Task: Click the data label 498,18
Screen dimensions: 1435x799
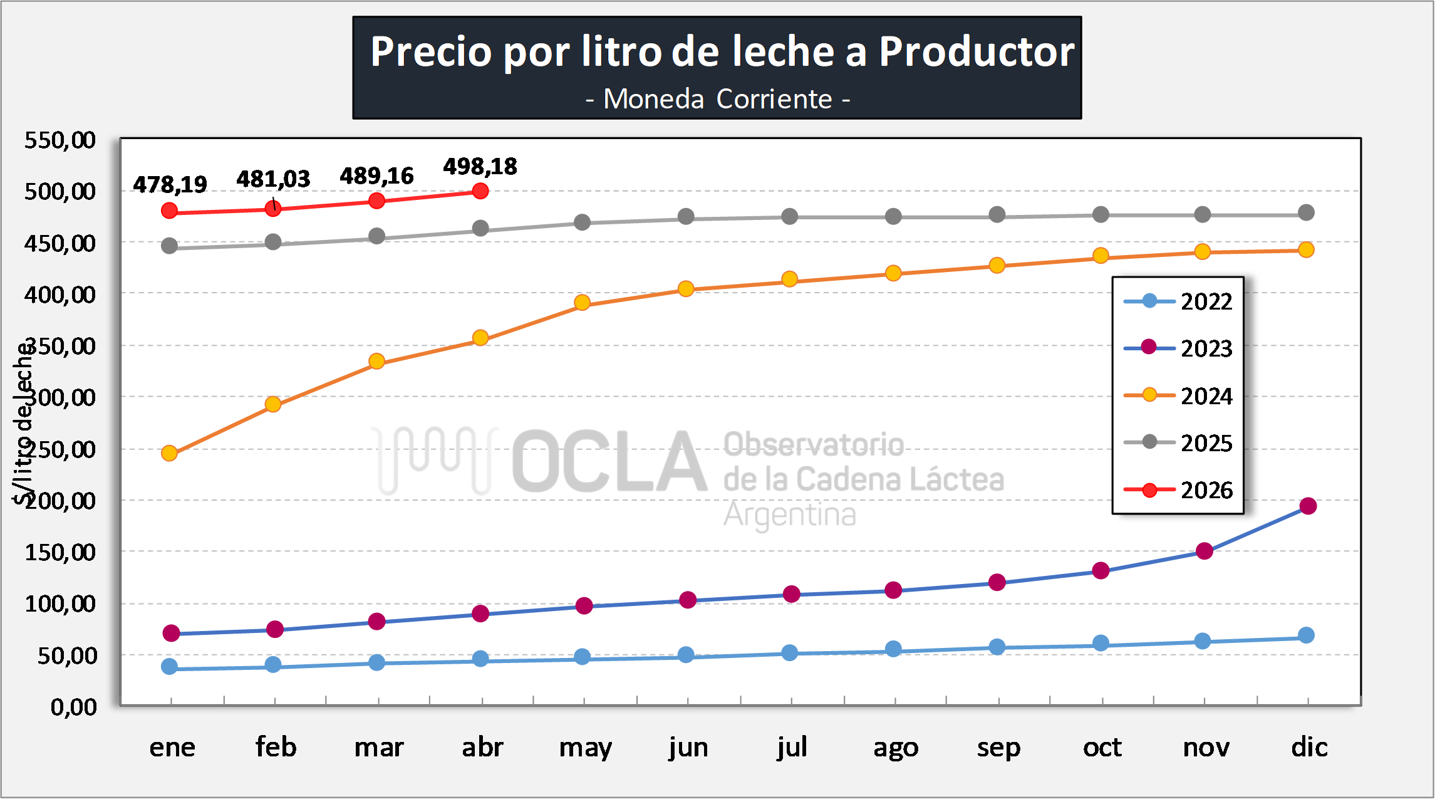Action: [x=480, y=167]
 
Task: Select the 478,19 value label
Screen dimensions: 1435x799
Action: [x=170, y=184]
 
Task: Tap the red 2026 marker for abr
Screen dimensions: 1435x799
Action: [x=480, y=191]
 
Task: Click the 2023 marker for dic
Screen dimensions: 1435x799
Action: [x=1308, y=506]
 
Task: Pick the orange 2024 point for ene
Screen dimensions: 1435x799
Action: [x=169, y=453]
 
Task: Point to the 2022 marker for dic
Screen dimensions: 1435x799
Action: [x=1306, y=635]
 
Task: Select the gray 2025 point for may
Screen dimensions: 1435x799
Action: [x=582, y=222]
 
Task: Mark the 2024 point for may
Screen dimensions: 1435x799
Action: [x=582, y=303]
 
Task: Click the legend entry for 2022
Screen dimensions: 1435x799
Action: [x=1178, y=301]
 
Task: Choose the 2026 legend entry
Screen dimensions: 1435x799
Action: [x=1178, y=490]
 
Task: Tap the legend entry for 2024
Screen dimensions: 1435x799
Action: [x=1178, y=396]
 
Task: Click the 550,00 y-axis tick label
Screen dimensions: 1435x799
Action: [x=60, y=140]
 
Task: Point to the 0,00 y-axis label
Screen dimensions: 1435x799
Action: [x=74, y=707]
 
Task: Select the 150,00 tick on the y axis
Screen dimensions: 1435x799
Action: [x=60, y=552]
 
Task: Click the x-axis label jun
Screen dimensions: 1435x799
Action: [x=688, y=748]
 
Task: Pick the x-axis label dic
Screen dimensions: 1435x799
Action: [x=1309, y=746]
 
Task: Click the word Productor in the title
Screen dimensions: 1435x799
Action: [x=977, y=51]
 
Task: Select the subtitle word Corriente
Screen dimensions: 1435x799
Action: [x=774, y=99]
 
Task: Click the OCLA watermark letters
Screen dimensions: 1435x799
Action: [x=609, y=461]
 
